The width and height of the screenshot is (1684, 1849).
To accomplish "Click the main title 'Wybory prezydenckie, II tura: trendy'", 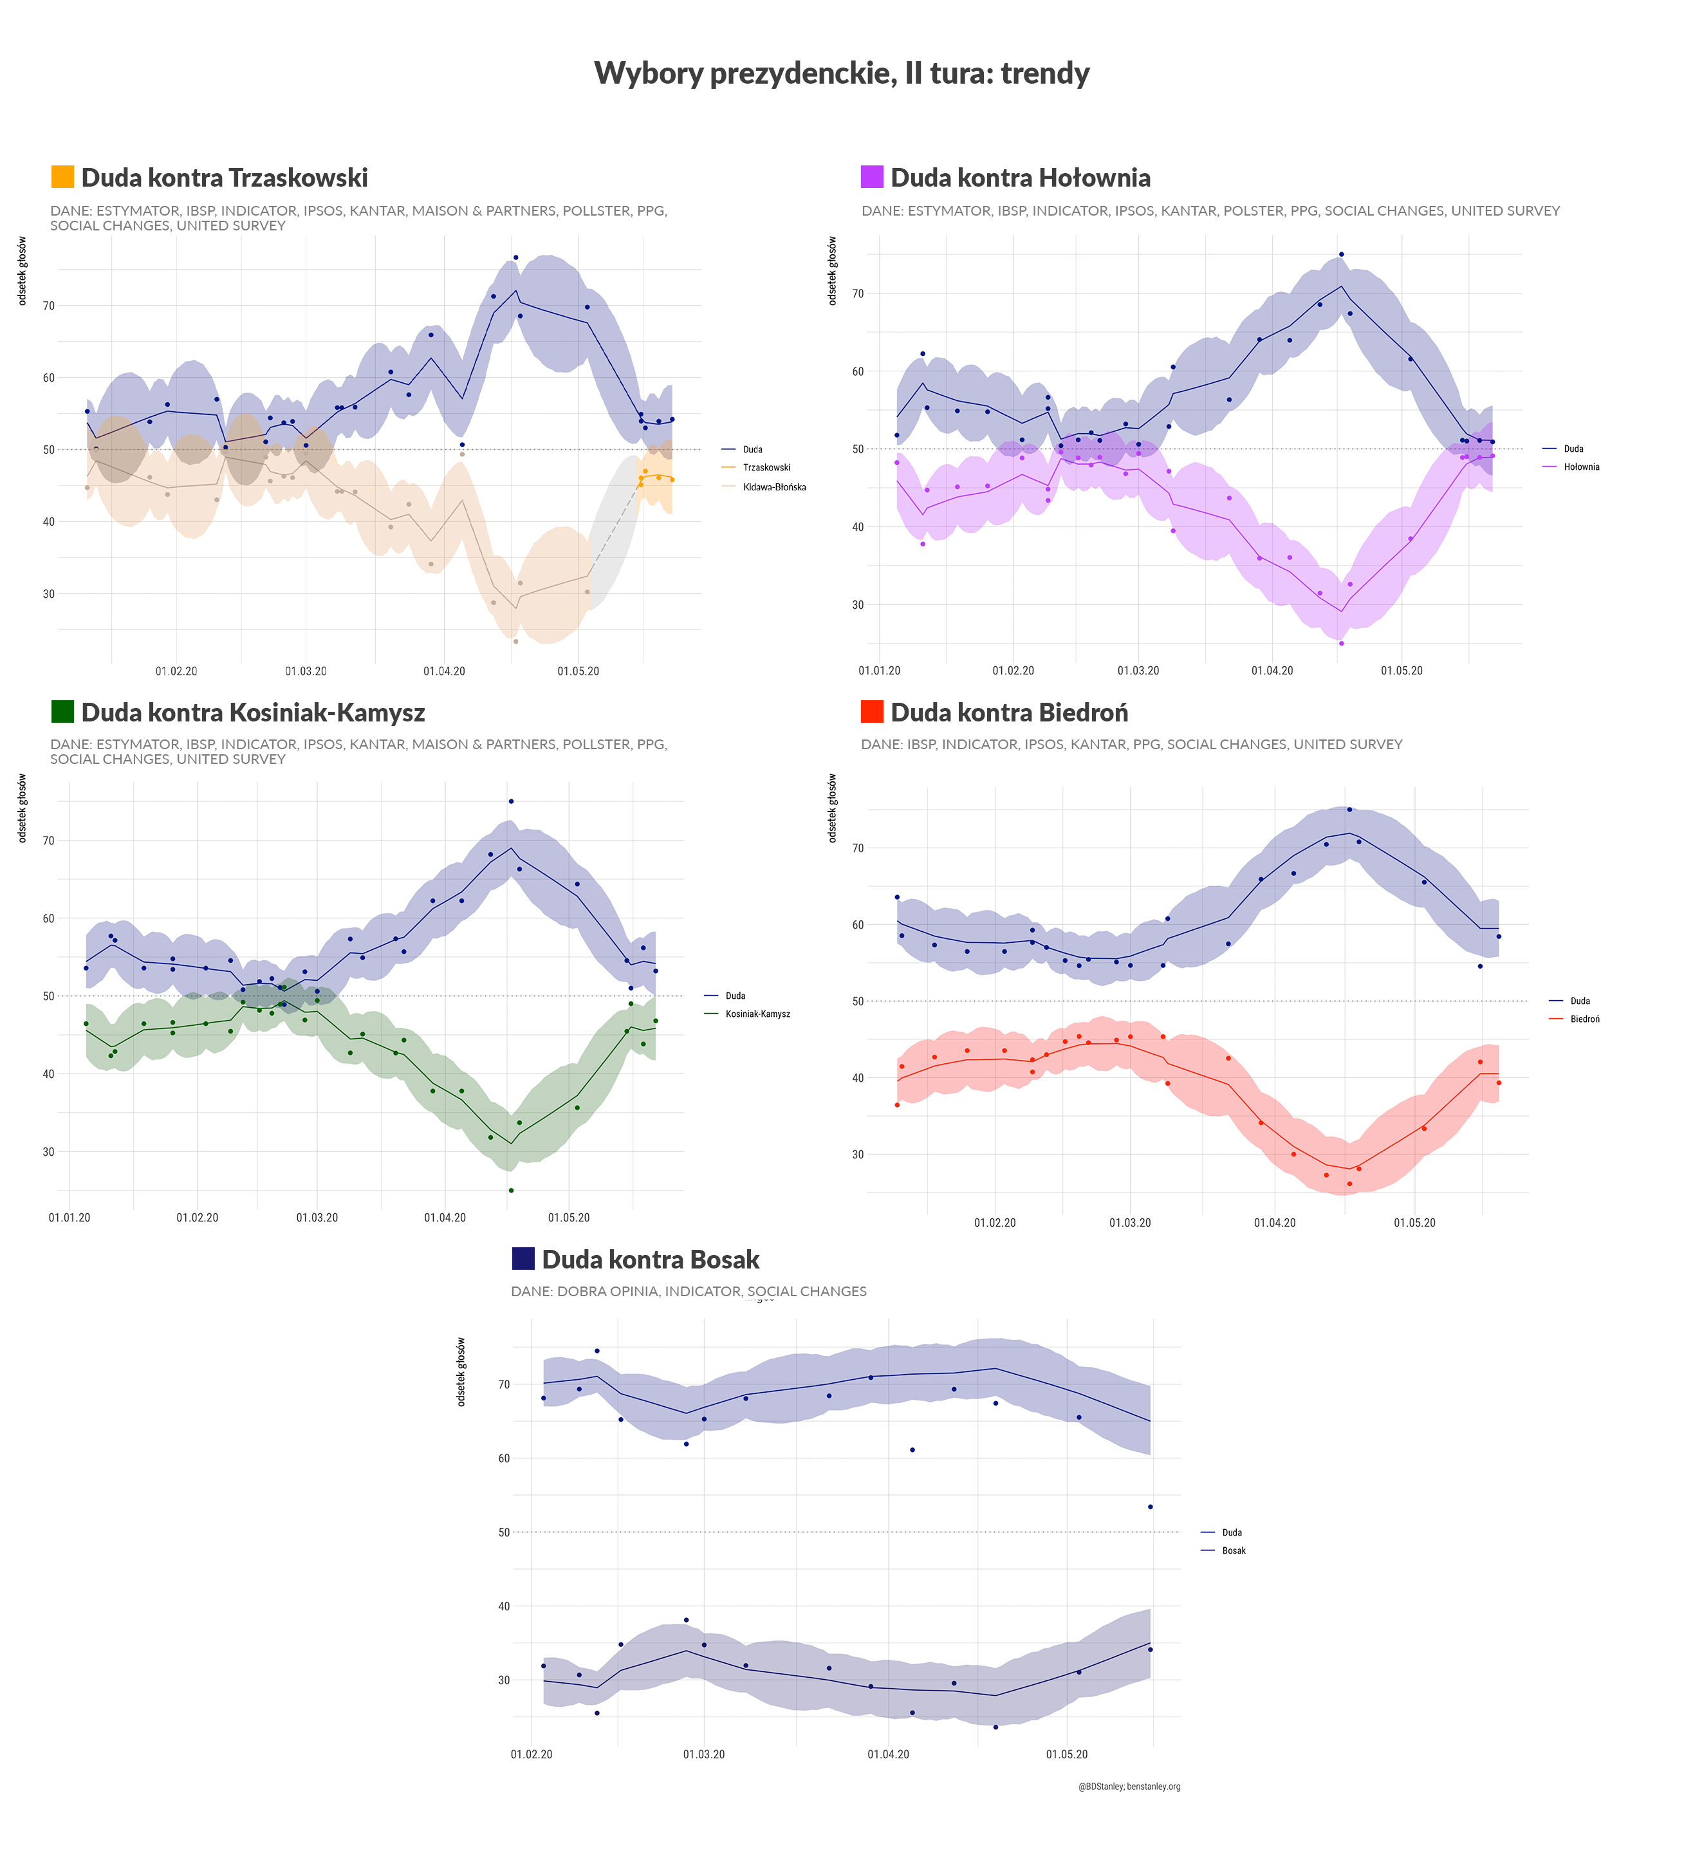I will [x=841, y=73].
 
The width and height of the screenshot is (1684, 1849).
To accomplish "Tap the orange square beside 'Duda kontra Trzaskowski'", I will [x=62, y=176].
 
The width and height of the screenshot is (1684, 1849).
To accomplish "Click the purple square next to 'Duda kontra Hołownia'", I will [x=871, y=176].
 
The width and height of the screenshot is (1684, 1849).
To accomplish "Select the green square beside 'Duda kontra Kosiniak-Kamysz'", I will [x=62, y=711].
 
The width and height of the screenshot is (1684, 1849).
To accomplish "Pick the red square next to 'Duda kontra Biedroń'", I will [x=871, y=711].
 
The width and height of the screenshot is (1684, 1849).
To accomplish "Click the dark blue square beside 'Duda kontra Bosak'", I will [x=523, y=1258].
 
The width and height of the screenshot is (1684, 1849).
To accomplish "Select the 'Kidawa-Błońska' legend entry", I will [x=773, y=487].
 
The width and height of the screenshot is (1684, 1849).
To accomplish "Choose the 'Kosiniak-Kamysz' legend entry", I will [x=757, y=1014].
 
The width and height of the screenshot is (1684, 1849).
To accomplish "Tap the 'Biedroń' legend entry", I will [x=1584, y=1019].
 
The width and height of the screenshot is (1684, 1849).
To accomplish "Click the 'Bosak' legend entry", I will [x=1233, y=1551].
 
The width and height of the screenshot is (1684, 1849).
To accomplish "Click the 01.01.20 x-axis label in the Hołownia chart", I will [x=879, y=671].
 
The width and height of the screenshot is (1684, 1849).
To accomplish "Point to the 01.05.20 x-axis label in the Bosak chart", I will [x=1067, y=1754].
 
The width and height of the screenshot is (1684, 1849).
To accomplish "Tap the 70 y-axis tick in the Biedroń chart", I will [x=858, y=848].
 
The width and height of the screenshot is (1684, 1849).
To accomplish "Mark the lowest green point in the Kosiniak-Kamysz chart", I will [x=511, y=1191].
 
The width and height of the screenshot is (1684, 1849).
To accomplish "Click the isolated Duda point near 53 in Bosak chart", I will [x=1150, y=1507].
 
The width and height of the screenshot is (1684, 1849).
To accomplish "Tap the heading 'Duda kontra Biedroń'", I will [x=1009, y=712].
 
